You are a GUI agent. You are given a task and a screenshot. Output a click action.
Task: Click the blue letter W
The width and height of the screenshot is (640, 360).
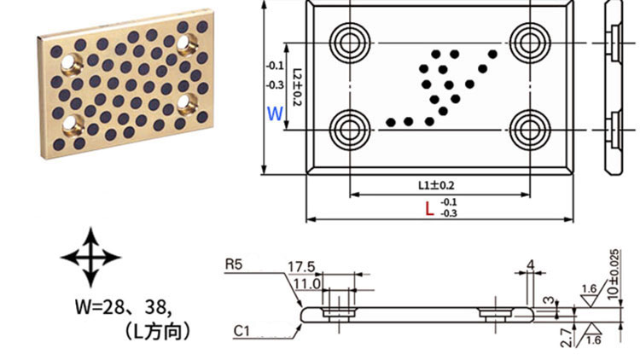[274, 113]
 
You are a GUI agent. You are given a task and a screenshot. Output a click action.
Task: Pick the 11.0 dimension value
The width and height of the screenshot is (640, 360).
[305, 283]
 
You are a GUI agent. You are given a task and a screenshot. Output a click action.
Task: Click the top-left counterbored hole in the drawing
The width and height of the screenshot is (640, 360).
[348, 40]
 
